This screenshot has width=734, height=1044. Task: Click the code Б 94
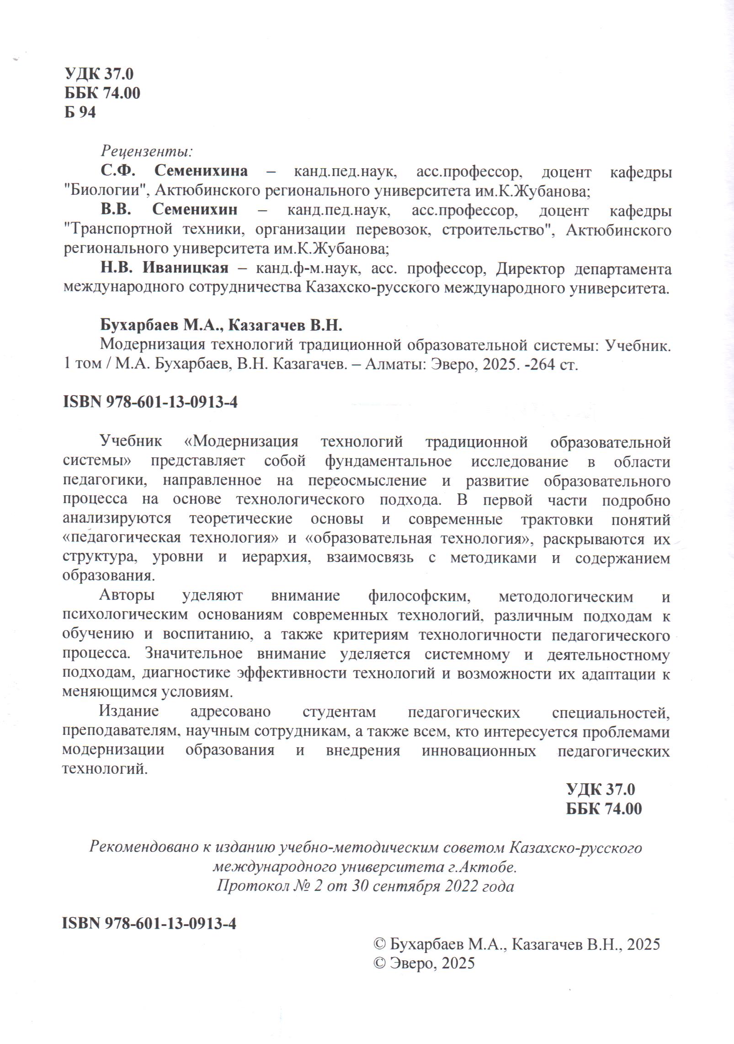[80, 112]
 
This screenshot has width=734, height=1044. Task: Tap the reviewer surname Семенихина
[201, 171]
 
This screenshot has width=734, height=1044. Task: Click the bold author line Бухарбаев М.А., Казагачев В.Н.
[221, 325]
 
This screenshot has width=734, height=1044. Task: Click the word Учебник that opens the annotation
[131, 442]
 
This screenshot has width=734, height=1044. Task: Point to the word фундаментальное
[388, 461]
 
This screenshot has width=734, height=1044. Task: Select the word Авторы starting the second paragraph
[127, 596]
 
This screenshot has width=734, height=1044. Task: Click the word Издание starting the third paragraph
[129, 712]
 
